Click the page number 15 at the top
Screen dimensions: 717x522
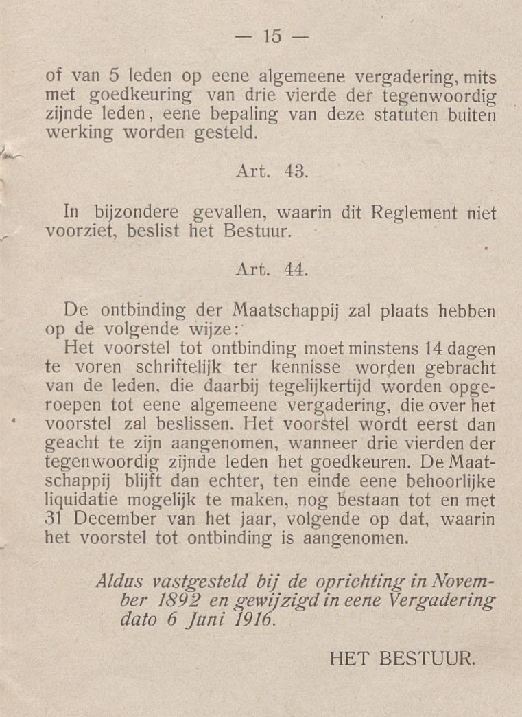click(272, 36)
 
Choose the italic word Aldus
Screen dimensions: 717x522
click(118, 583)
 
